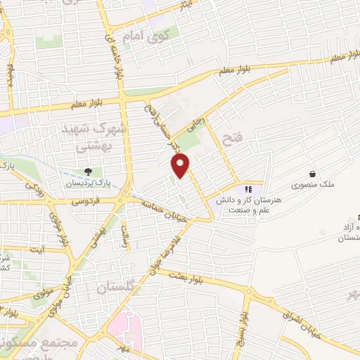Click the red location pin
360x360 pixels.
click(x=181, y=165)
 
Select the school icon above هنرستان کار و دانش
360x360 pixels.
click(x=247, y=188)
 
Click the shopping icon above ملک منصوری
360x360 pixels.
click(x=312, y=174)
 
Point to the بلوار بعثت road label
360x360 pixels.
click(x=189, y=277)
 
